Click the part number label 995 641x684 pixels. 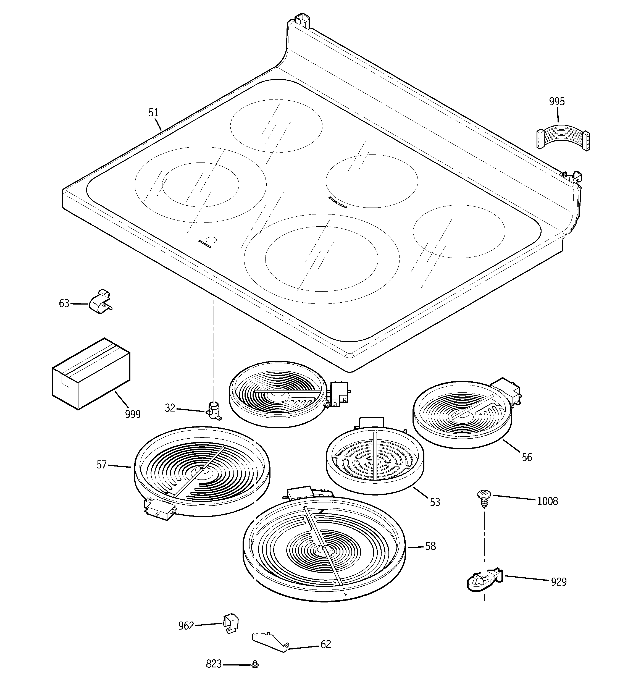click(x=557, y=102)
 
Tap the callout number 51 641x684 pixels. click(x=153, y=113)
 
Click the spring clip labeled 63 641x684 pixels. click(x=101, y=302)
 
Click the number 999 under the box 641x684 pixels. click(x=133, y=415)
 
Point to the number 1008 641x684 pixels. click(x=547, y=501)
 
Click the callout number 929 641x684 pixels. click(x=558, y=582)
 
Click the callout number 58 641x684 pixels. click(x=430, y=546)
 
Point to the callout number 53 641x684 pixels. click(x=435, y=502)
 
